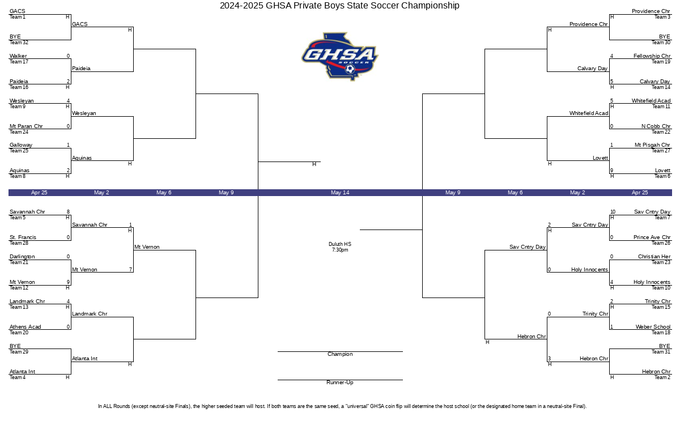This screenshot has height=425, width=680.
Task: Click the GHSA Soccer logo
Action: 339,57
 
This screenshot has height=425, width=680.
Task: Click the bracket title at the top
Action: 339,6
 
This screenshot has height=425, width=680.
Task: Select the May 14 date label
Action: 340,193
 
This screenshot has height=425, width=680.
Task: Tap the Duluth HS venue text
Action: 340,244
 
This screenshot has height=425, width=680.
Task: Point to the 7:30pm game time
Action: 340,250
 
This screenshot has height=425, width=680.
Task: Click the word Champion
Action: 340,354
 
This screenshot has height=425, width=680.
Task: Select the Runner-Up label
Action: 340,382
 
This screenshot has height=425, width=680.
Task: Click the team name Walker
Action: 18,56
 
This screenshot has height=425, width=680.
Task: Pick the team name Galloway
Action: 21,145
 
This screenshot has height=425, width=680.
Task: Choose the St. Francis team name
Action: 23,237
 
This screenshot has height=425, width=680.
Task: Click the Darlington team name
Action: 22,257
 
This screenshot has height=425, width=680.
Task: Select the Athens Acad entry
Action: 25,327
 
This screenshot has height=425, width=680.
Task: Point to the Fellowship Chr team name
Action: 652,56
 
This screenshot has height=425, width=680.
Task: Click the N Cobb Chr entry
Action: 656,126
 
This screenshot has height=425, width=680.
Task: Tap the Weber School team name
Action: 653,327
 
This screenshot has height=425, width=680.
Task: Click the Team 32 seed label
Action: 19,42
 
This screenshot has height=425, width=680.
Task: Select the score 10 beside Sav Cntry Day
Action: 613,212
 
